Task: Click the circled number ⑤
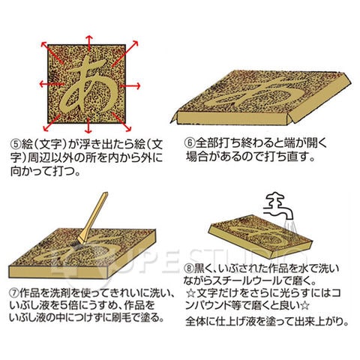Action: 16,144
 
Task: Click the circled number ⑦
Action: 14,292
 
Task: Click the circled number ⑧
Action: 189,268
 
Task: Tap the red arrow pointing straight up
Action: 89,43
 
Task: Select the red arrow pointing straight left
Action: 51,83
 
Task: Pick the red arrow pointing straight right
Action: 130,86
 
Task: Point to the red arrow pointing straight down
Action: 88,125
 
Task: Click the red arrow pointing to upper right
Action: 125,53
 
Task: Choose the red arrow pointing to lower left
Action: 52,123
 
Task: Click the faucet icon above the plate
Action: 280,205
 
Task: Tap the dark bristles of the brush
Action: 76,246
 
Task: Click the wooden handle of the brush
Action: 95,217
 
